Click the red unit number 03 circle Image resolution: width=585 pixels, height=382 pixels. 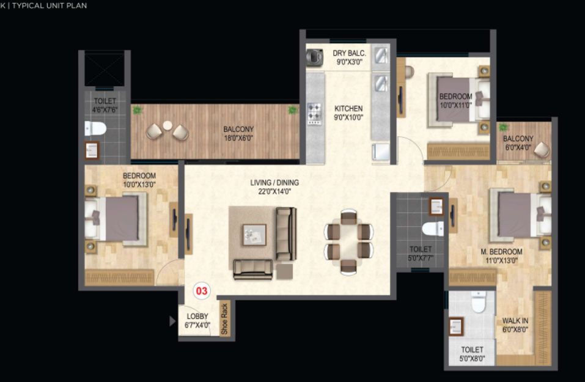pyautogui.click(x=202, y=290)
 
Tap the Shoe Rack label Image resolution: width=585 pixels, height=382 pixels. pyautogui.click(x=224, y=318)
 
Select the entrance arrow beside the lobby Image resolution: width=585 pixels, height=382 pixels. pyautogui.click(x=172, y=321)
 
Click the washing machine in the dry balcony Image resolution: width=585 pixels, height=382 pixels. pyautogui.click(x=315, y=57)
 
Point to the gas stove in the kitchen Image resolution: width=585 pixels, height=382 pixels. pyautogui.click(x=314, y=114)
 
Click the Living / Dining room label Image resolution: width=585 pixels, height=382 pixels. pyautogui.click(x=274, y=182)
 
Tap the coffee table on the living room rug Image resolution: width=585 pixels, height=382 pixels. pyautogui.click(x=254, y=235)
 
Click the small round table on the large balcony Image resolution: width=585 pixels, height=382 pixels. pyautogui.click(x=167, y=126)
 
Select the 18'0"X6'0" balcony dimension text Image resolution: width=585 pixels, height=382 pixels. pyautogui.click(x=238, y=138)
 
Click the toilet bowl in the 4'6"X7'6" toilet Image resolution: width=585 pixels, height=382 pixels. pyautogui.click(x=95, y=128)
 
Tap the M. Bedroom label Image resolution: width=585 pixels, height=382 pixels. pyautogui.click(x=501, y=252)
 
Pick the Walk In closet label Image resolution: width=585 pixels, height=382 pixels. pyautogui.click(x=515, y=321)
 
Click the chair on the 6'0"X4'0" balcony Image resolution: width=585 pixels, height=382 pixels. pyautogui.click(x=542, y=150)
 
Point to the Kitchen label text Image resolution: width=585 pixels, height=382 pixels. pyautogui.click(x=348, y=109)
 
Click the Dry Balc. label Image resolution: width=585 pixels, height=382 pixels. pyautogui.click(x=349, y=53)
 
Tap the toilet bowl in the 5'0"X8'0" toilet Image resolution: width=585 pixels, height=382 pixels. pyautogui.click(x=478, y=302)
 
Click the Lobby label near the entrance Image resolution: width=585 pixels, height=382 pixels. pyautogui.click(x=197, y=317)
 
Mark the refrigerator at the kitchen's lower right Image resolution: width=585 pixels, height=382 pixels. pyautogui.click(x=381, y=152)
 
